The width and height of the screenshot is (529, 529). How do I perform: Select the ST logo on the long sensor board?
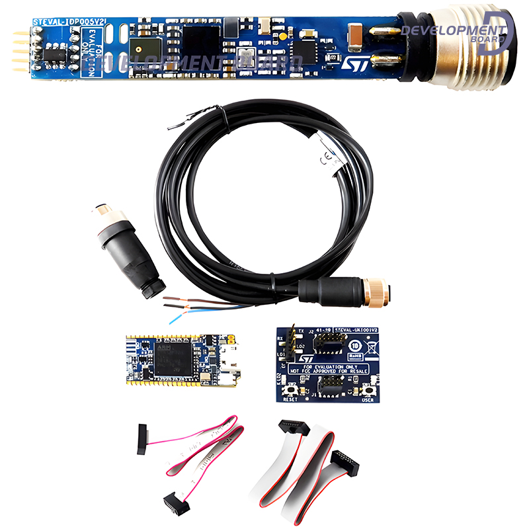click(x=349, y=63)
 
